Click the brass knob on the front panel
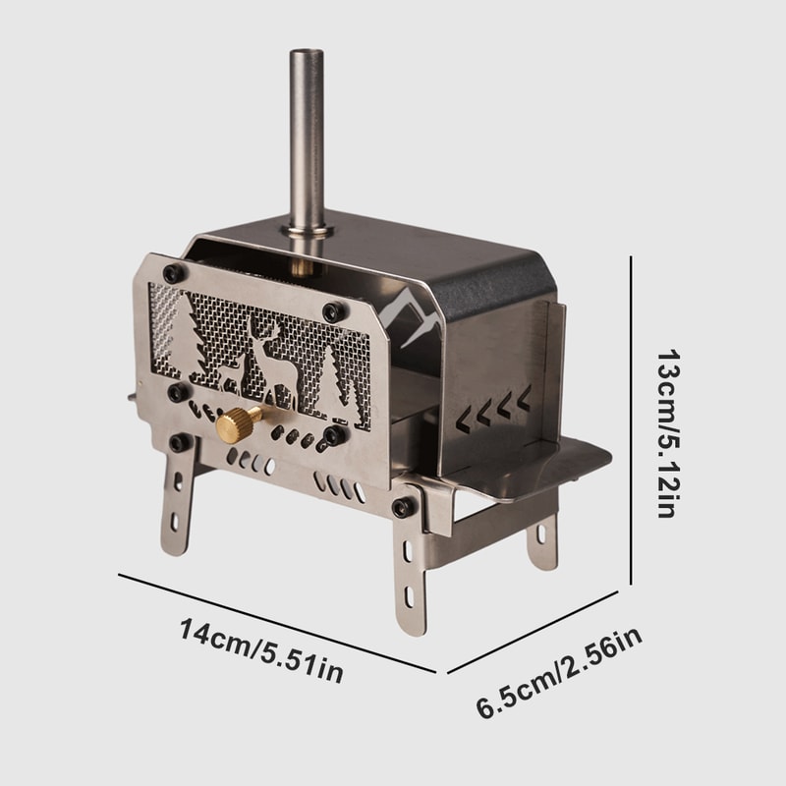[238, 424]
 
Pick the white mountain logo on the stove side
[412, 314]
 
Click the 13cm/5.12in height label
[663, 433]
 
